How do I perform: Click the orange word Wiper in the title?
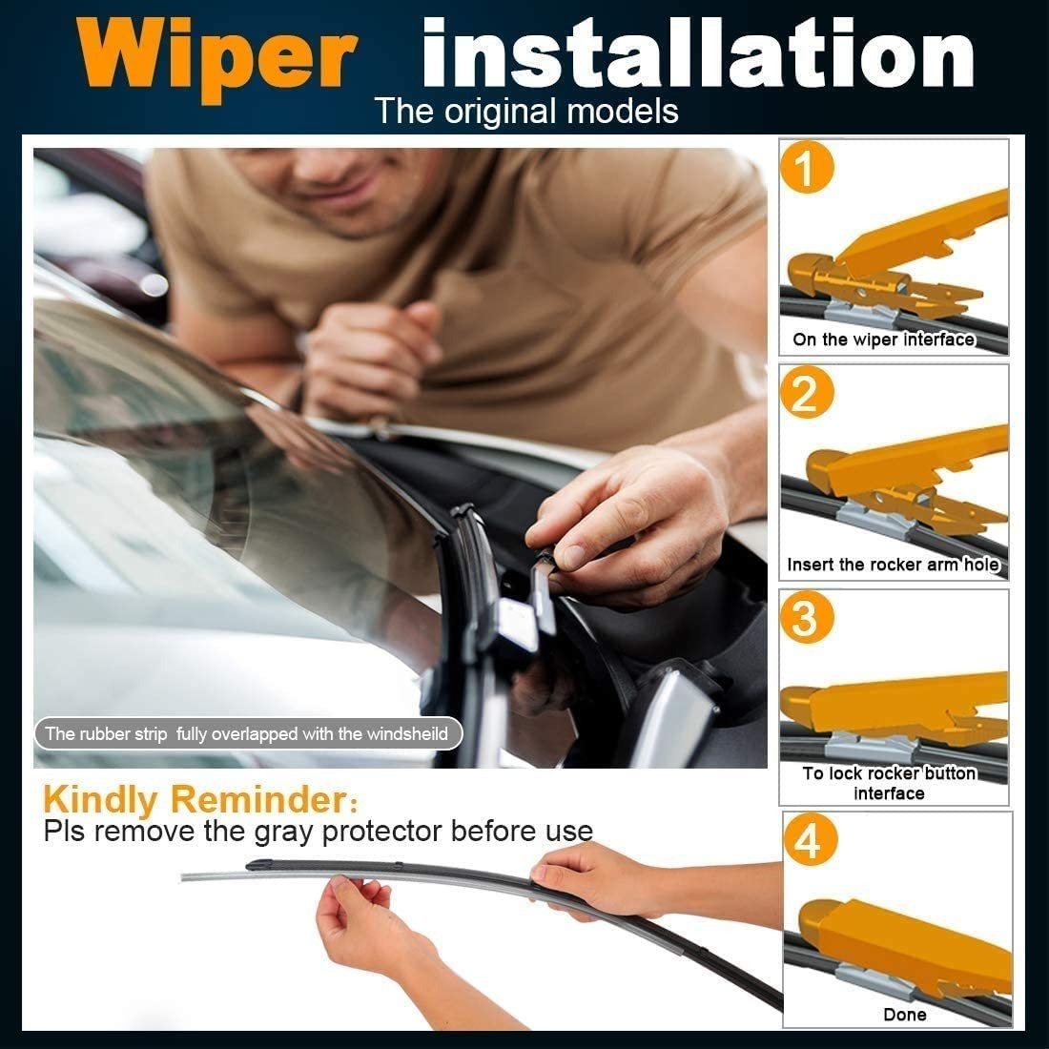click(x=216, y=57)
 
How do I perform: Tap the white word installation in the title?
click(x=698, y=52)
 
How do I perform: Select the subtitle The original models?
click(x=526, y=111)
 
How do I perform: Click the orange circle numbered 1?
click(x=807, y=167)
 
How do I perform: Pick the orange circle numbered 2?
click(x=807, y=392)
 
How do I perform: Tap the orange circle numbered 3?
click(x=807, y=617)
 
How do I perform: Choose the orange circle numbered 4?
click(x=811, y=839)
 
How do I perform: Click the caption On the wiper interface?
click(x=883, y=339)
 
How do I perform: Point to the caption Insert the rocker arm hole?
click(x=894, y=565)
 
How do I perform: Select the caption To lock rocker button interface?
click(x=889, y=783)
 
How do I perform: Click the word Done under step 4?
click(x=904, y=1015)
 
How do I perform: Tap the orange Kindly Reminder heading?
click(x=200, y=799)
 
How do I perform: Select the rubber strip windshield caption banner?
click(x=248, y=734)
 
